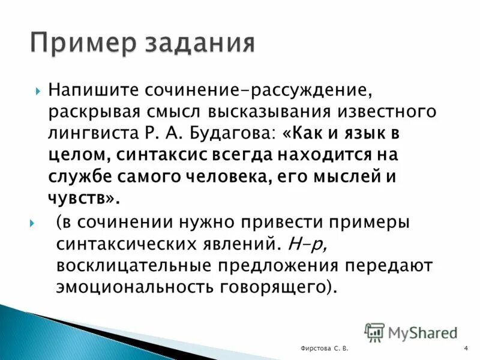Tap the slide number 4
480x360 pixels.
466,349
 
